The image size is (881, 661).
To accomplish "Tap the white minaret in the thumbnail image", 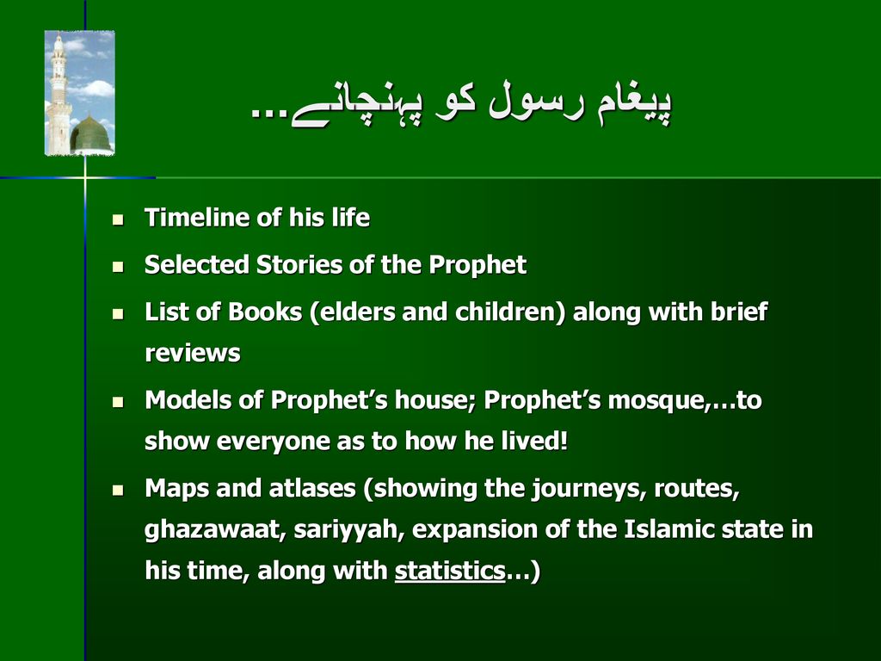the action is click(59, 95).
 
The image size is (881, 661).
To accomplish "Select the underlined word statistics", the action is click(450, 571).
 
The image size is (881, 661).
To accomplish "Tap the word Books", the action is click(265, 312).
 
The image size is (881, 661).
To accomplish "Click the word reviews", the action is click(192, 354).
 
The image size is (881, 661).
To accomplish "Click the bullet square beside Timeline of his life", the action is click(118, 219).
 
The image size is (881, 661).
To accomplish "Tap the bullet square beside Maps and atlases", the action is click(118, 490).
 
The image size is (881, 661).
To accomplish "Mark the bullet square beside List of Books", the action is click(118, 313).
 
